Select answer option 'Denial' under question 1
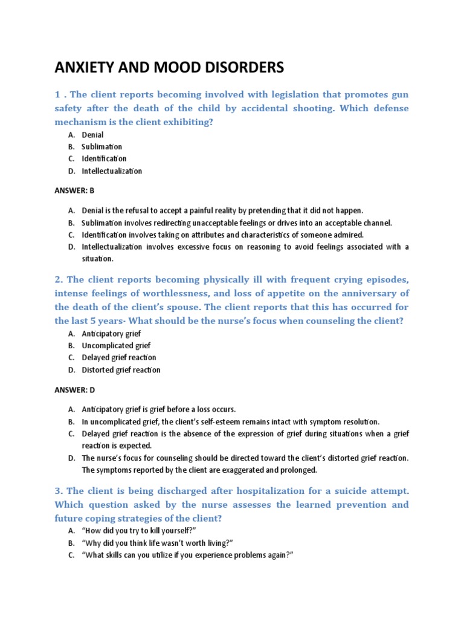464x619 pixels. tap(92, 135)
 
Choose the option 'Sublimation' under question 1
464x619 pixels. tap(101, 147)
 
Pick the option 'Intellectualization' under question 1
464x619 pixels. tap(112, 171)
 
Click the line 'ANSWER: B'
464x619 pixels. tap(74, 190)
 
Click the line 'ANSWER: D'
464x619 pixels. tap(74, 390)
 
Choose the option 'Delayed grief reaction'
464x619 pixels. tap(118, 358)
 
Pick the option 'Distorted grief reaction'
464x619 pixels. tap(121, 370)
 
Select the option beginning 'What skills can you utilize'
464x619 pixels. tap(187, 554)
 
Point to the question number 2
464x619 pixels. tap(58, 280)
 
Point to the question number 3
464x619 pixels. tap(58, 490)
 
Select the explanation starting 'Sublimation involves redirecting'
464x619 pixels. tap(237, 222)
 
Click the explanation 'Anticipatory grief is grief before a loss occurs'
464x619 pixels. tap(158, 409)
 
